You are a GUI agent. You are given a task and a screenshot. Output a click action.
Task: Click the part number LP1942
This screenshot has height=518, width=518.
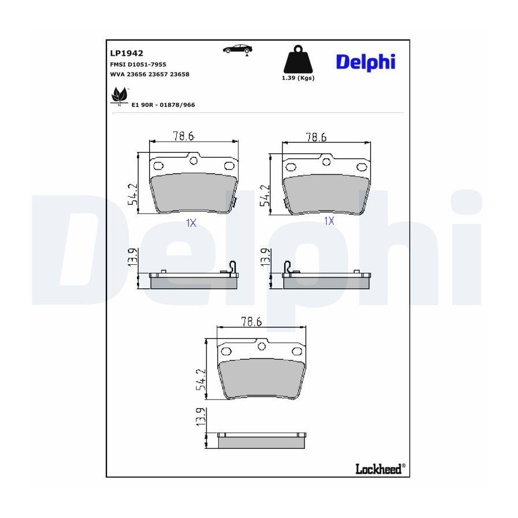point(127,53)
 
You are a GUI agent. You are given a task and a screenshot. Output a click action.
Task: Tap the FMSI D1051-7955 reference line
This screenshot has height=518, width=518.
point(138,64)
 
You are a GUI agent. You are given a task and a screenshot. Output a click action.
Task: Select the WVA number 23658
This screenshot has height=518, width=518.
point(180,74)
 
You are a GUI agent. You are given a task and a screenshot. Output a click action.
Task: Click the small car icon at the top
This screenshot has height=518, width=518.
point(238,49)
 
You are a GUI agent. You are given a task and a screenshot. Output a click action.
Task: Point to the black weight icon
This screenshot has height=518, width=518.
point(298,59)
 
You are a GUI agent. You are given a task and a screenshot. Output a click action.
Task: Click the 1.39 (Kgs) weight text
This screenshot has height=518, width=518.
point(298,78)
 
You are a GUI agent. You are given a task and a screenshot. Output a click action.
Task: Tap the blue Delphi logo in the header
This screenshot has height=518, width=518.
point(365,62)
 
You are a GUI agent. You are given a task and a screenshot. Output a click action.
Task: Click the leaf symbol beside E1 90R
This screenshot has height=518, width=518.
point(119,95)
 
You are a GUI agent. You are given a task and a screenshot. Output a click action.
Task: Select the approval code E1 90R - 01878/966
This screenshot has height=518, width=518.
point(163,105)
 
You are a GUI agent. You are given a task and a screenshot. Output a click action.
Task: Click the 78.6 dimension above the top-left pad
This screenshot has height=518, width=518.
point(184,136)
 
